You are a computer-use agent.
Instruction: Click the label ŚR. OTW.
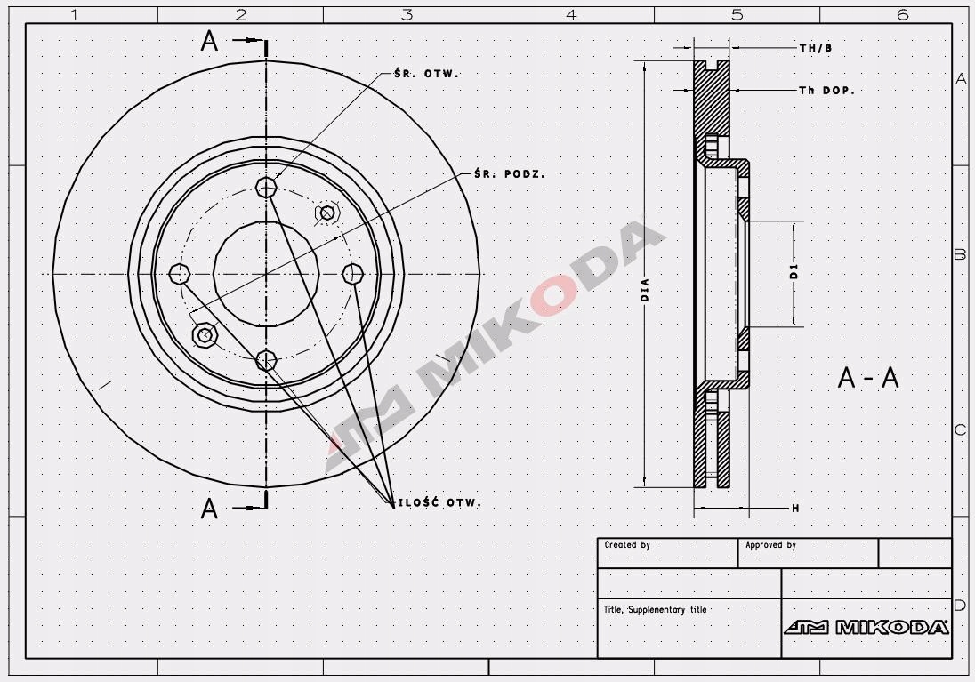427,73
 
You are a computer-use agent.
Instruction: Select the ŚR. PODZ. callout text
509,173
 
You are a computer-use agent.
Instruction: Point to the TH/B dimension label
816,48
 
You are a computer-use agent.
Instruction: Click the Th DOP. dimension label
827,90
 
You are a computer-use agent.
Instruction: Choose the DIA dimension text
645,291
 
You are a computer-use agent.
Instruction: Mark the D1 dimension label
794,271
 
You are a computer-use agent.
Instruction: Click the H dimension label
795,509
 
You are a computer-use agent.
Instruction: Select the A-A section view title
868,377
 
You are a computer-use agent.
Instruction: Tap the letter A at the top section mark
210,41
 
